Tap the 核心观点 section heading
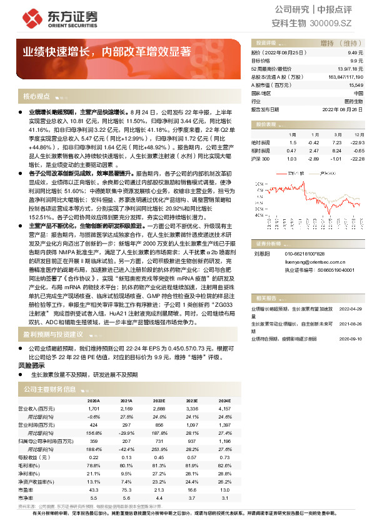pos(36,97)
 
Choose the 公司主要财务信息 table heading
pos(49,389)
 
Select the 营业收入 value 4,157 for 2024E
pos(223,409)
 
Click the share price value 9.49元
pos(356,54)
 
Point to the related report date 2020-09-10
pos(351,338)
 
